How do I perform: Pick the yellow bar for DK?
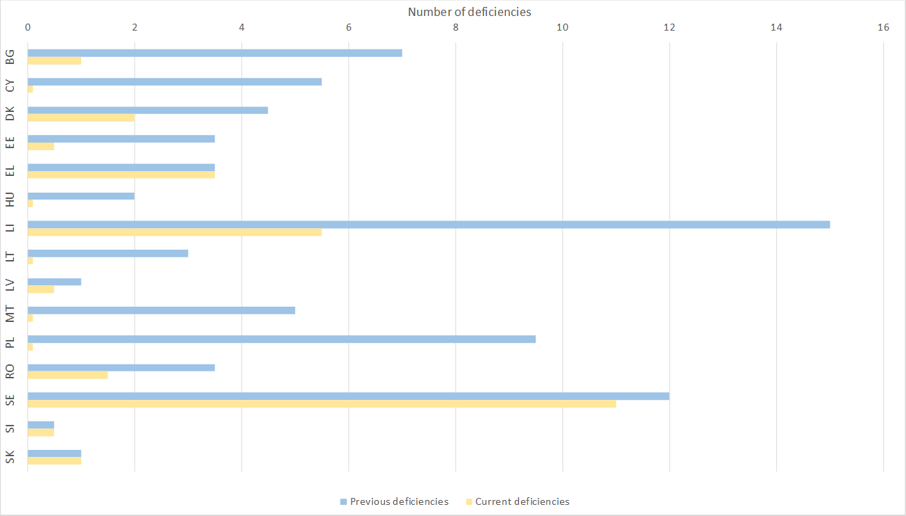click(81, 118)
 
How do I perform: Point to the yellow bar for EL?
click(121, 175)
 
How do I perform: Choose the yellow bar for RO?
click(67, 376)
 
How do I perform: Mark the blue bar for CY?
click(174, 81)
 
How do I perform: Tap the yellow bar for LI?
click(174, 232)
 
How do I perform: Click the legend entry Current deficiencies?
click(522, 501)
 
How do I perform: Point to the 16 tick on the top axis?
click(883, 28)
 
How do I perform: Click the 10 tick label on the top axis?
click(562, 28)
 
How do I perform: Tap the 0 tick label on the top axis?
click(28, 28)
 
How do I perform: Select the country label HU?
click(10, 200)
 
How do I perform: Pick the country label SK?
click(10, 457)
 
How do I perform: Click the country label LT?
click(10, 257)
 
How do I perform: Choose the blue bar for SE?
click(348, 396)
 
